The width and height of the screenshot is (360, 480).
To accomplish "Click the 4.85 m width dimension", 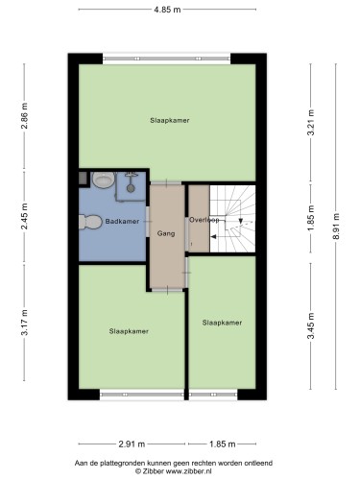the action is pyautogui.click(x=167, y=10).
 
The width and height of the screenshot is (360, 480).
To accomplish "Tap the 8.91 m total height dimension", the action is pyautogui.click(x=336, y=227).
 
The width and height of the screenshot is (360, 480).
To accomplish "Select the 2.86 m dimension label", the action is pyautogui.click(x=24, y=115).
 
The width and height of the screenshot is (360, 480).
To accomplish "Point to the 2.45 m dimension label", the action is pyautogui.click(x=24, y=216).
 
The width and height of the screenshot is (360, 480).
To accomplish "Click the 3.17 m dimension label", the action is pyautogui.click(x=24, y=322).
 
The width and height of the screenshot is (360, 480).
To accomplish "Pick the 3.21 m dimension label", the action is pyautogui.click(x=311, y=123).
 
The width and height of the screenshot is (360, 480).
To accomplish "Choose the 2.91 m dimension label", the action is pyautogui.click(x=132, y=444).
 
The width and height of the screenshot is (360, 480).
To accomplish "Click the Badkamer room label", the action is pyautogui.click(x=122, y=222).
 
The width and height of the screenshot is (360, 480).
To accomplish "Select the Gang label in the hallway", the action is pyautogui.click(x=166, y=233).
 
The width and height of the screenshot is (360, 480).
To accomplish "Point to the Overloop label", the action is pyautogui.click(x=204, y=220).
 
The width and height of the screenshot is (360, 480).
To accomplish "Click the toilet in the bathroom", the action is pyautogui.click(x=90, y=222).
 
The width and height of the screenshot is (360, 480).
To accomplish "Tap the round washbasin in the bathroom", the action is pyautogui.click(x=104, y=180).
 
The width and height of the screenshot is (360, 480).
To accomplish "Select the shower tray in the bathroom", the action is pyautogui.click(x=132, y=186).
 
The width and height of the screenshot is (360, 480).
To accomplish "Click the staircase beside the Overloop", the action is pyautogui.click(x=232, y=219).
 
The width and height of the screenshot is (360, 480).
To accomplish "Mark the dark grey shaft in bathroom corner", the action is pyautogui.click(x=83, y=178).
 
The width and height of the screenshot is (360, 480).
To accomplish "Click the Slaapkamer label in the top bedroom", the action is pyautogui.click(x=170, y=121).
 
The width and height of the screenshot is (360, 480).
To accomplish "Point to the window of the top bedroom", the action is pyautogui.click(x=167, y=59).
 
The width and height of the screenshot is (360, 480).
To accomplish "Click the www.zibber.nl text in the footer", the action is pyautogui.click(x=183, y=471).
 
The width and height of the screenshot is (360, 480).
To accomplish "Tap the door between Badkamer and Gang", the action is pyautogui.click(x=148, y=222).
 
